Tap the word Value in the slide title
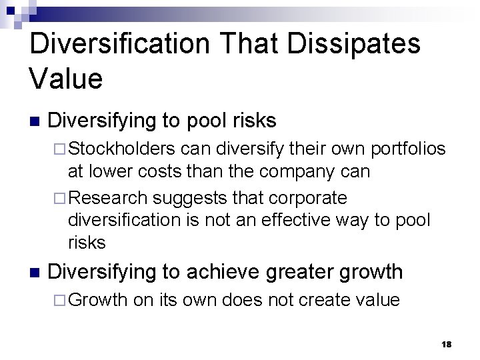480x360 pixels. click(66, 79)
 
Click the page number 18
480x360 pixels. click(446, 343)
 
